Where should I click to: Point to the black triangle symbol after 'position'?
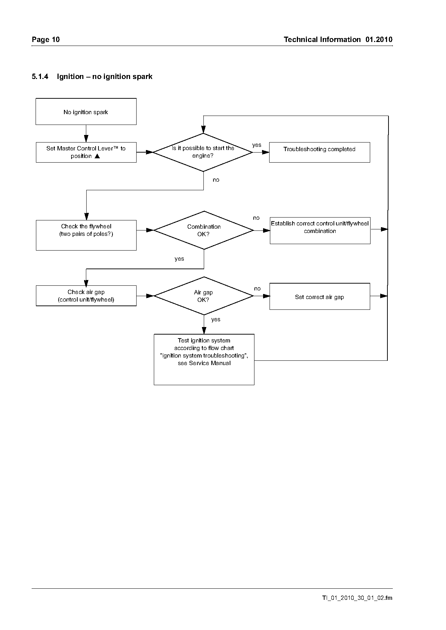pyautogui.click(x=97, y=156)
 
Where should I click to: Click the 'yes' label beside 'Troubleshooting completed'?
pyautogui.click(x=257, y=145)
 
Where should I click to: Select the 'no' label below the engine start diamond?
pyautogui.click(x=216, y=180)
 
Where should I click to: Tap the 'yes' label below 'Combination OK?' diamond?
pyautogui.click(x=179, y=259)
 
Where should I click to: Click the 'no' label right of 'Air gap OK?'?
pyautogui.click(x=257, y=289)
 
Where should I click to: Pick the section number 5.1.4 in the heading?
pyautogui.click(x=40, y=76)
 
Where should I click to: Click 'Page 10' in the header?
pyautogui.click(x=46, y=39)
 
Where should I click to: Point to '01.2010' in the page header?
pyautogui.click(x=379, y=39)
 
